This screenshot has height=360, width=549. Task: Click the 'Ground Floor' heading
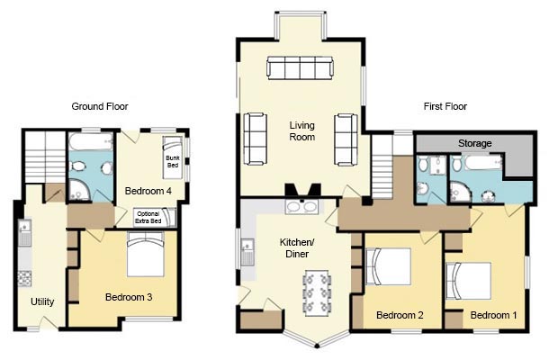100,106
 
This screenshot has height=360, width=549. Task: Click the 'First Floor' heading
445,106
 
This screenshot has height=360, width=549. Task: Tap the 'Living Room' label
301,131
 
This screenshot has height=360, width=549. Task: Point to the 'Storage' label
475,143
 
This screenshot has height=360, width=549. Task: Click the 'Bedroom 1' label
493,315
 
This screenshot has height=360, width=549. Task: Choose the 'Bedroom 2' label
400,315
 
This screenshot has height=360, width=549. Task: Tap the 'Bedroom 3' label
129,297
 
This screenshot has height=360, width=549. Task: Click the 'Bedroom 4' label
148,191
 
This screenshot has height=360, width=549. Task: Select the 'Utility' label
42,301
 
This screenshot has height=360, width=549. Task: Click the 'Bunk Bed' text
173,161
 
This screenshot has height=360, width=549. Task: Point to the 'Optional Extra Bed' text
148,218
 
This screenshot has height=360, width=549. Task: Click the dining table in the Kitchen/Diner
317,292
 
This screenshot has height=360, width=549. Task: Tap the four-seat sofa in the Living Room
300,67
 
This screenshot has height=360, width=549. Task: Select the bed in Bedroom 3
145,254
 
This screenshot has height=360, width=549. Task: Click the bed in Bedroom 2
388,266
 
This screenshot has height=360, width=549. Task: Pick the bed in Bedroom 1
469,281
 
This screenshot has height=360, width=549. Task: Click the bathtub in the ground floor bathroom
91,141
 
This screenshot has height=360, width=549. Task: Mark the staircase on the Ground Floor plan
45,157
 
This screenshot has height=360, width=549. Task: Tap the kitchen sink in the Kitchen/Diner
247,251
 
